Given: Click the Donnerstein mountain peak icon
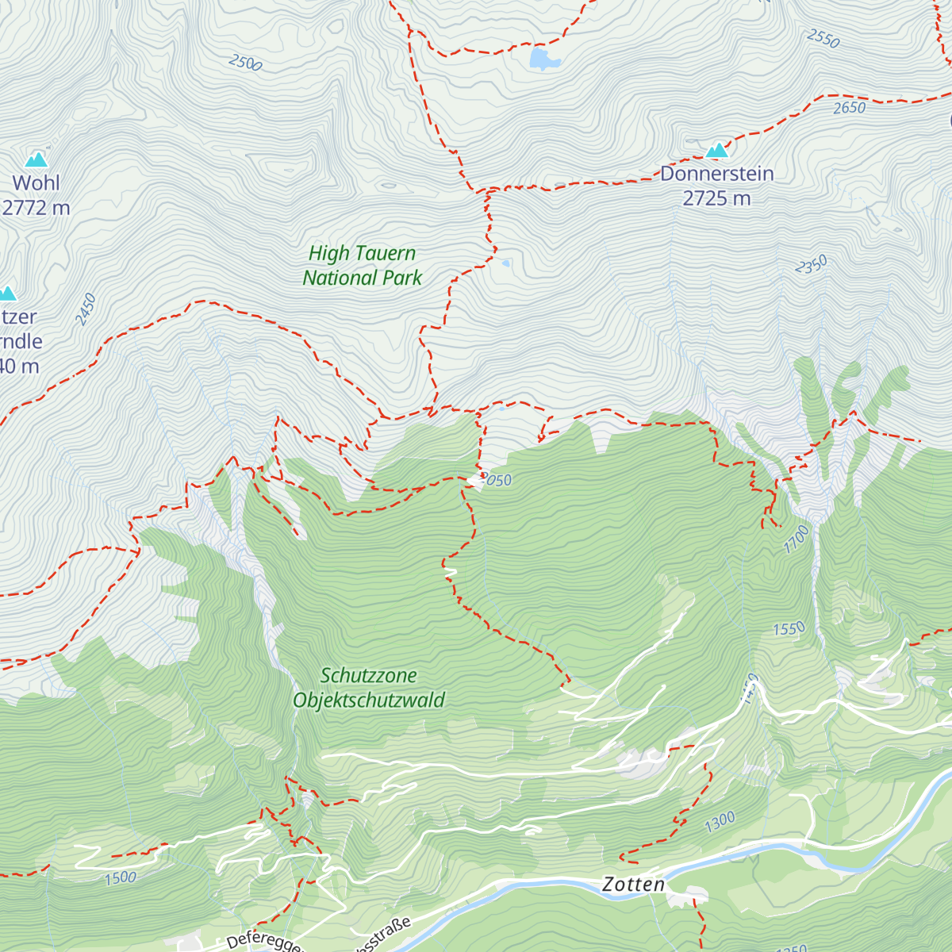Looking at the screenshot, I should pyautogui.click(x=717, y=150).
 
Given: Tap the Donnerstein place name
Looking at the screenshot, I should pyautogui.click(x=716, y=174).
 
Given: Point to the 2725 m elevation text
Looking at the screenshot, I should pyautogui.click(x=716, y=199).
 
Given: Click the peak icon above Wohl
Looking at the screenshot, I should pyautogui.click(x=36, y=159).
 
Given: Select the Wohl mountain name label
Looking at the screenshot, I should pyautogui.click(x=36, y=183).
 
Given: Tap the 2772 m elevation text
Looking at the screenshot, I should pyautogui.click(x=36, y=209).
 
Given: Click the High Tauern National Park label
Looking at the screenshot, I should pyautogui.click(x=363, y=266).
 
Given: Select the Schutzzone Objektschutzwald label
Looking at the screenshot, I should pyautogui.click(x=369, y=688).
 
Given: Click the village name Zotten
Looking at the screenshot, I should pyautogui.click(x=633, y=885).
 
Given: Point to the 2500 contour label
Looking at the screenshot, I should pyautogui.click(x=244, y=63).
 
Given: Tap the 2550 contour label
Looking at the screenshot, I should pyautogui.click(x=823, y=38).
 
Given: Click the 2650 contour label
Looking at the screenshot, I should pyautogui.click(x=849, y=108).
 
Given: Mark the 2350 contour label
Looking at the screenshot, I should pyautogui.click(x=811, y=265).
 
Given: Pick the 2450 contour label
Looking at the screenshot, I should pyautogui.click(x=86, y=309).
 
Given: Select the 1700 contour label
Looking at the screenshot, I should pyautogui.click(x=797, y=539).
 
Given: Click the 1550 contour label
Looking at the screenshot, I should pyautogui.click(x=789, y=629).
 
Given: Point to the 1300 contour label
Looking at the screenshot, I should pyautogui.click(x=720, y=822).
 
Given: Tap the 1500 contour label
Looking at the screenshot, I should pyautogui.click(x=120, y=877).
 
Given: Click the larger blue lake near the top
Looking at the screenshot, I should pyautogui.click(x=543, y=59).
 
